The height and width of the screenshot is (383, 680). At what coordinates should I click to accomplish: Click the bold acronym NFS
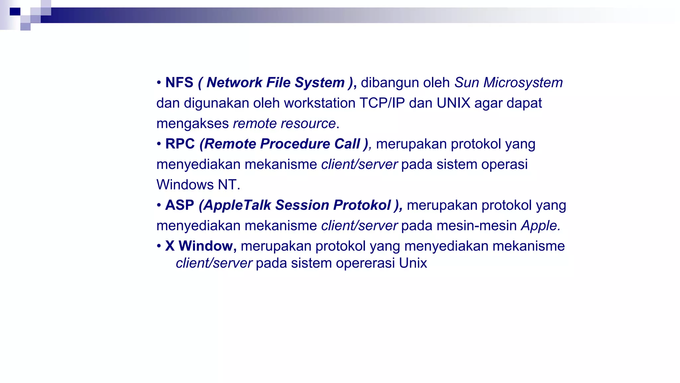179,82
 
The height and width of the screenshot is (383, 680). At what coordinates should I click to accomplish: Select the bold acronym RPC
180,144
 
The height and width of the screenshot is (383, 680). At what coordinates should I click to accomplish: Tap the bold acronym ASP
179,205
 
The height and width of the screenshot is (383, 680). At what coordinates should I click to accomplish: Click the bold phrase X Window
201,246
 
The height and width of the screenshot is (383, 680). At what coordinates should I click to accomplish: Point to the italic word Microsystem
523,82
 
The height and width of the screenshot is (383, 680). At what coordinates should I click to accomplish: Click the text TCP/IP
382,103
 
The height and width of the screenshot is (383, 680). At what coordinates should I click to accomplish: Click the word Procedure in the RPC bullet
295,144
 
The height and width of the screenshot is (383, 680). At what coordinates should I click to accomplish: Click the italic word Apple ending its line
540,226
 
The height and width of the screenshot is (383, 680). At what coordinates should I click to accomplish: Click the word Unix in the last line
413,263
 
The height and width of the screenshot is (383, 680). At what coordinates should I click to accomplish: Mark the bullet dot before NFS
159,83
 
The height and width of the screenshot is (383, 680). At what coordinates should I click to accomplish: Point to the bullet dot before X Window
159,246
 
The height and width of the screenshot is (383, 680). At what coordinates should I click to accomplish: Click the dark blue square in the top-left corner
15,12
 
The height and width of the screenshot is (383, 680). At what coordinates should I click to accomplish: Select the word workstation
319,103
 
